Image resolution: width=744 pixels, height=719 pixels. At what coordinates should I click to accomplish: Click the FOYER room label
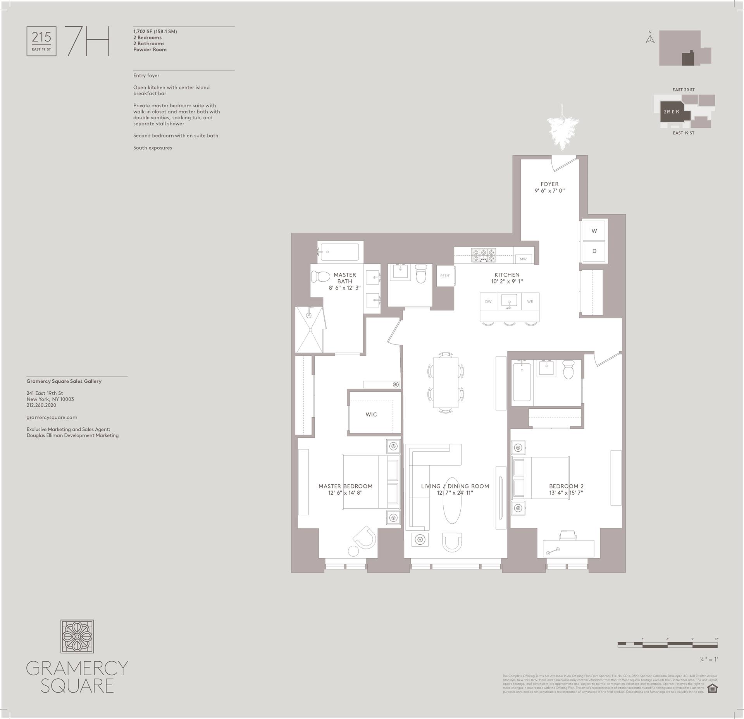click(549, 184)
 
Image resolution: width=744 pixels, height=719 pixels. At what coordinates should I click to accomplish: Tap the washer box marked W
click(594, 231)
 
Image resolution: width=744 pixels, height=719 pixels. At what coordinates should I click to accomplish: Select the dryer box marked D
click(594, 251)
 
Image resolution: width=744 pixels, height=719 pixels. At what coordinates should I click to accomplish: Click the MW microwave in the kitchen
click(523, 259)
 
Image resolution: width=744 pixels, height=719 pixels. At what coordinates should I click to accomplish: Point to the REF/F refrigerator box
click(445, 276)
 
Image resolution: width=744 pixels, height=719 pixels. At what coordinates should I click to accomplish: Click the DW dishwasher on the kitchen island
click(488, 301)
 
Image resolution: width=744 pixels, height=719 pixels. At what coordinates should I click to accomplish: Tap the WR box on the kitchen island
click(530, 301)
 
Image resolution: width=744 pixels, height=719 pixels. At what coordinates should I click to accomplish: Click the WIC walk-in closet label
click(371, 415)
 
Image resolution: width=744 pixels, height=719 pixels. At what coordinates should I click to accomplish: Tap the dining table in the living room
click(445, 382)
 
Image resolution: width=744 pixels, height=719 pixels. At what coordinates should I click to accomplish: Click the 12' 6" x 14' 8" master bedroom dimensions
click(345, 493)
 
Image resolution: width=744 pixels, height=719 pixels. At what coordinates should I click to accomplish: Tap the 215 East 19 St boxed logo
click(41, 41)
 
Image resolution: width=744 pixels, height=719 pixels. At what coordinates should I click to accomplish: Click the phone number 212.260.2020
click(41, 405)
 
